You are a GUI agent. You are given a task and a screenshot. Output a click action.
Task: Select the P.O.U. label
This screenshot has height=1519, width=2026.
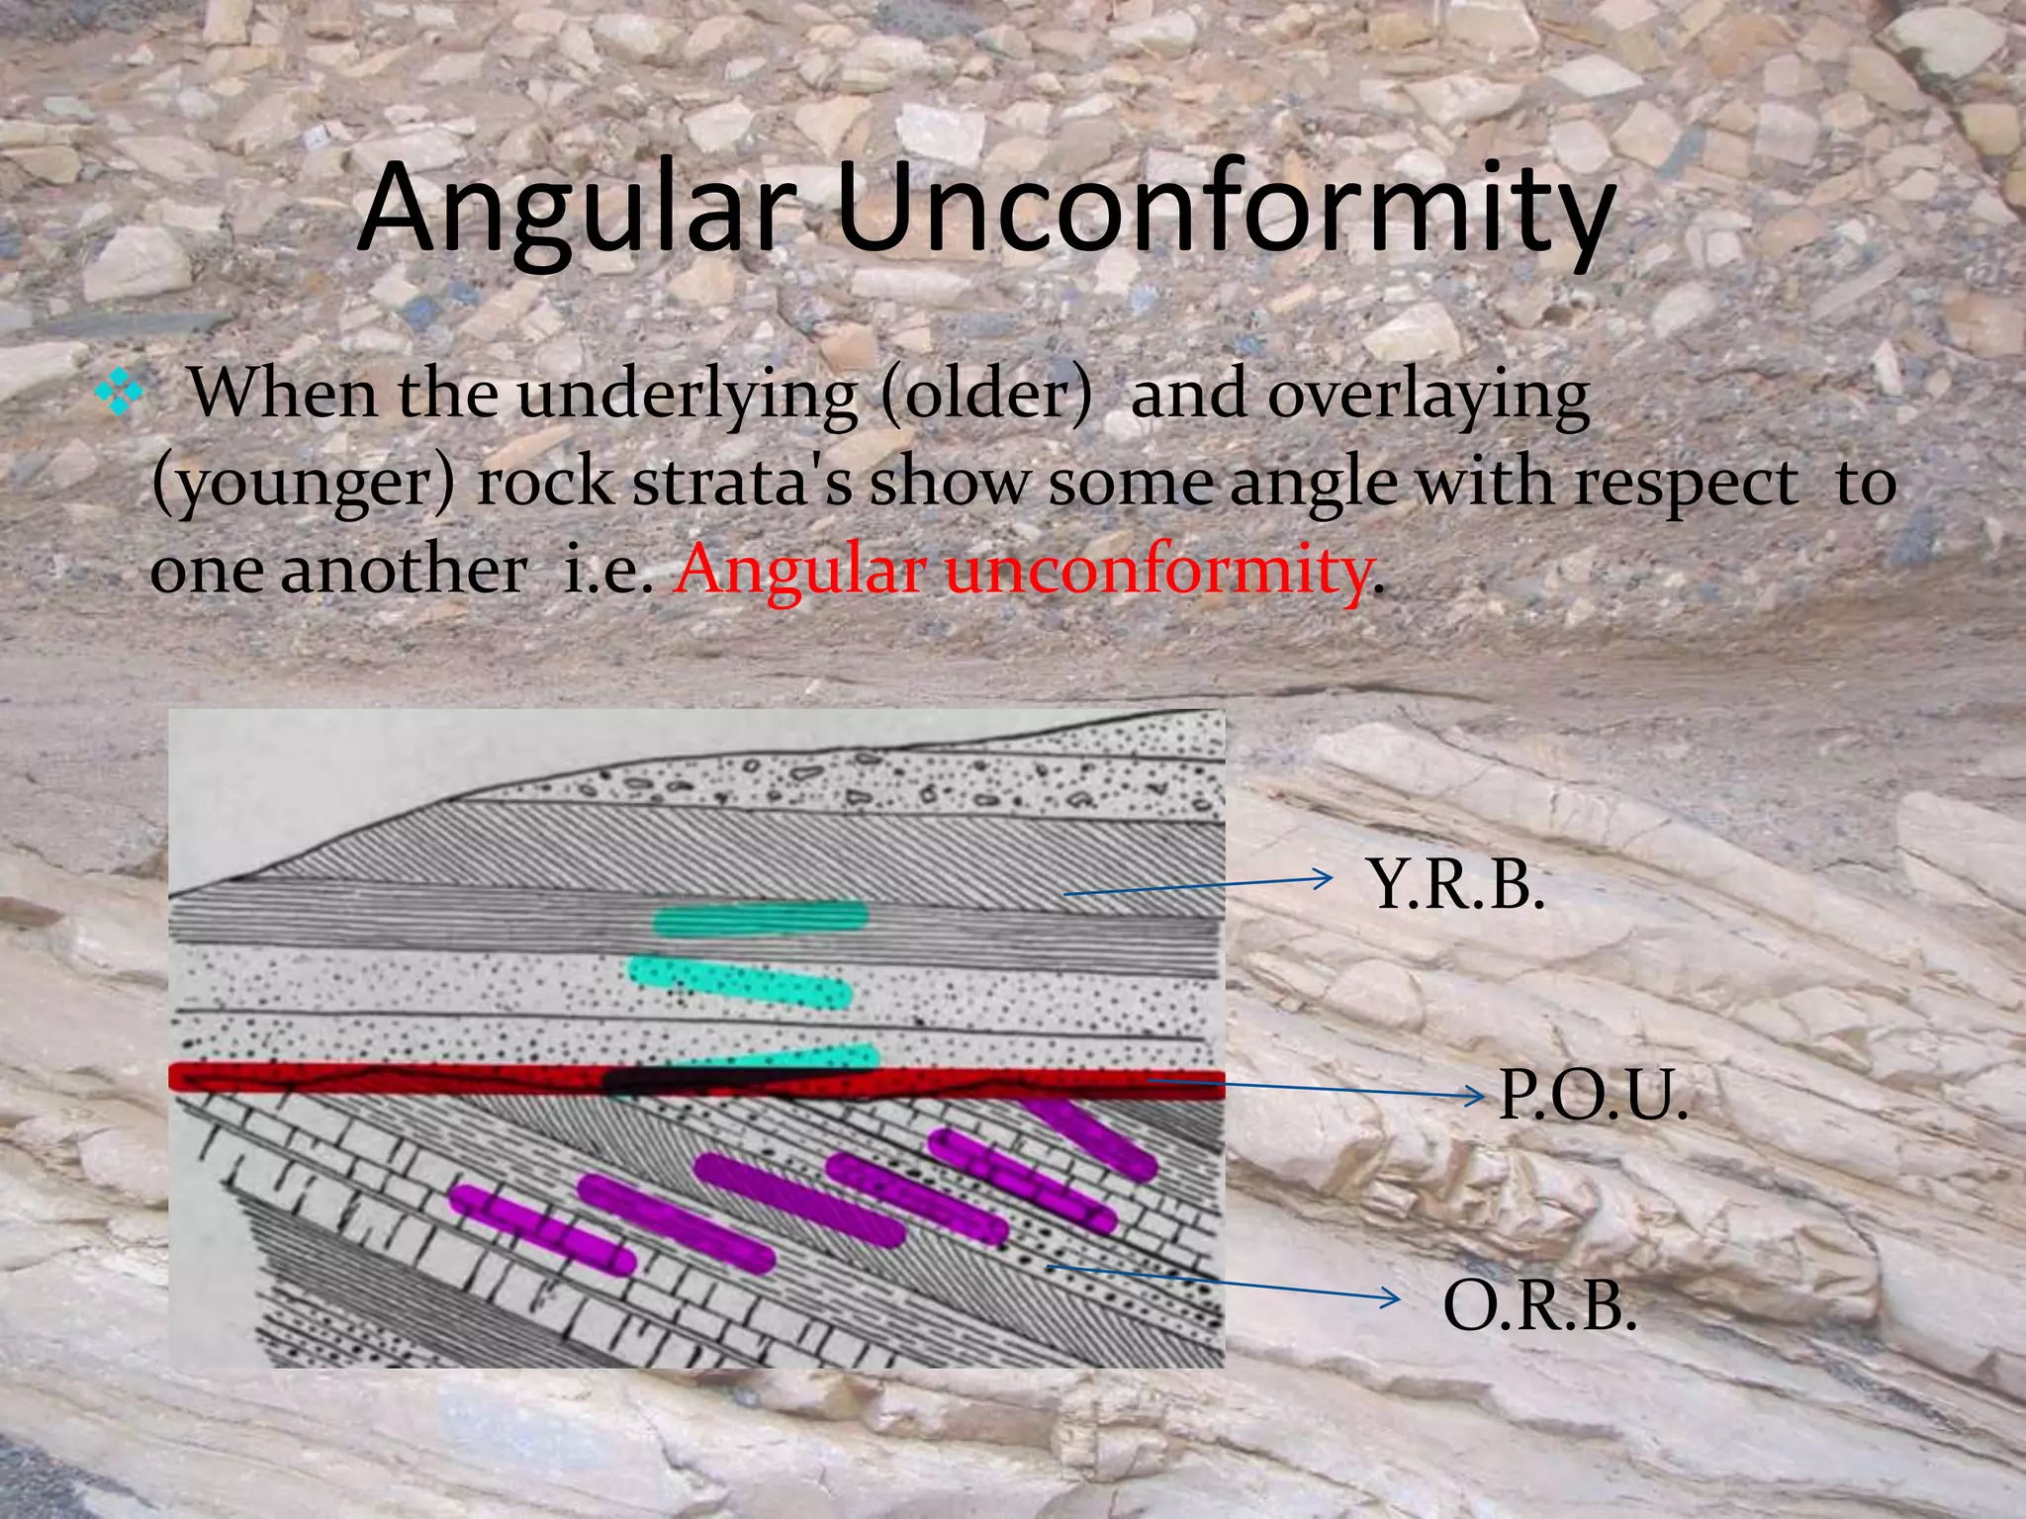coord(1592,1095)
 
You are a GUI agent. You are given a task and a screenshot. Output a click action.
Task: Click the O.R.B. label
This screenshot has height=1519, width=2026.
coord(1539,1305)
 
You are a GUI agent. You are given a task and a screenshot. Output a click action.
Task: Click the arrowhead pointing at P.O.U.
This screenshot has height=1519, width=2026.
coord(1477,1096)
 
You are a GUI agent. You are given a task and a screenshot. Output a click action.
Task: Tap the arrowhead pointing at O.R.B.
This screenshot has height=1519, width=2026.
coord(1393,1298)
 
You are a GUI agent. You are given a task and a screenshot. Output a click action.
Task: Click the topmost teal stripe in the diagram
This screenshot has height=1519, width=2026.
coord(760,918)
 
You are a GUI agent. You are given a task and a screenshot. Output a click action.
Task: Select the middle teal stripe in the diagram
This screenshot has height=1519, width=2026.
coord(740,980)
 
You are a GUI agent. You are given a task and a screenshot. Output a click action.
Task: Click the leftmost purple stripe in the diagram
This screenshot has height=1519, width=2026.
coord(542,1230)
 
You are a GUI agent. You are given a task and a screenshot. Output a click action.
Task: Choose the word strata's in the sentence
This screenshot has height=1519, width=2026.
coord(742,483)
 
